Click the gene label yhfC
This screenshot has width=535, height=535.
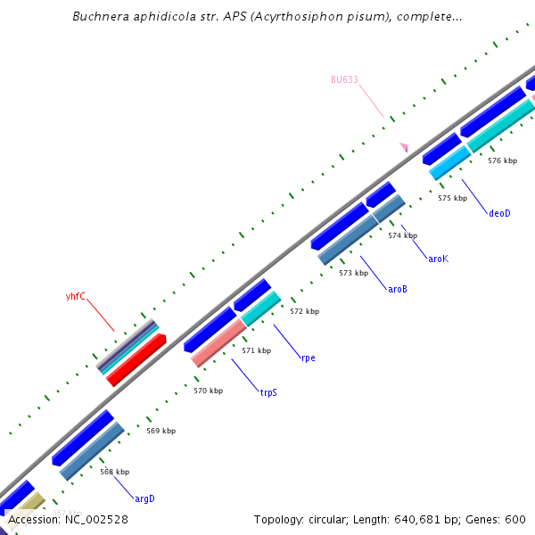tap(76, 296)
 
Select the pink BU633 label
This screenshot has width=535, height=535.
tap(344, 79)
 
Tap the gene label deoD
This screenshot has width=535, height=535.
tap(500, 213)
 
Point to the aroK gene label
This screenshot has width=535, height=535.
tap(438, 259)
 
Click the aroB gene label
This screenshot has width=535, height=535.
tap(398, 289)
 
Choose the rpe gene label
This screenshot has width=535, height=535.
tap(308, 358)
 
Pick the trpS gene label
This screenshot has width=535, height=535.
tap(268, 392)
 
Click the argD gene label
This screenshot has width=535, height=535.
tap(144, 498)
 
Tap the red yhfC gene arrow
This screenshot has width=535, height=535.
tap(136, 360)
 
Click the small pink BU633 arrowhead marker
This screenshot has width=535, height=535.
tap(404, 147)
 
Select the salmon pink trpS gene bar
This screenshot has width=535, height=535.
tap(218, 343)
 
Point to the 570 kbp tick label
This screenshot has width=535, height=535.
tap(208, 391)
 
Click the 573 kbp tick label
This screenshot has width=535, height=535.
tap(353, 273)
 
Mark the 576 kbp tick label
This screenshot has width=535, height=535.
tap(502, 160)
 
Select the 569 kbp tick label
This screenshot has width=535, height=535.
tap(160, 431)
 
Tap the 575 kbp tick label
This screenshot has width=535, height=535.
tap(452, 198)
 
